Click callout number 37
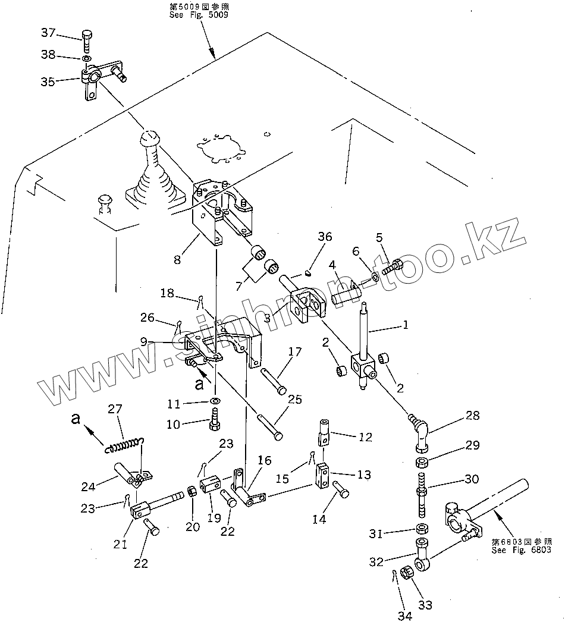(49, 32)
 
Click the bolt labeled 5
(395, 268)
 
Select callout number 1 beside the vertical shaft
(405, 325)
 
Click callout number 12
(366, 437)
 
